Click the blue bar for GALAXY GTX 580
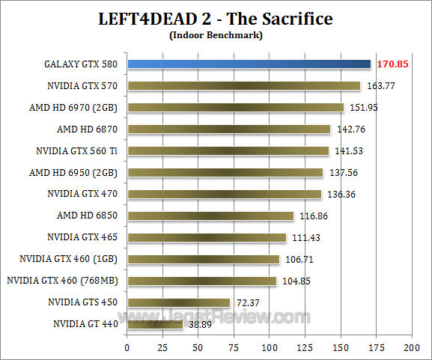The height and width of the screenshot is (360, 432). click(249, 64)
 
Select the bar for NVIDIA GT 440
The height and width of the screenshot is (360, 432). click(155, 324)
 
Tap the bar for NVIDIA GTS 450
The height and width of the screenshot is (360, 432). click(178, 302)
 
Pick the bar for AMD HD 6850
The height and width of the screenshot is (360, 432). click(210, 216)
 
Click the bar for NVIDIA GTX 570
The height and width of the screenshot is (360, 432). click(243, 85)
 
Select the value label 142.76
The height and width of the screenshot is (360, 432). click(350, 129)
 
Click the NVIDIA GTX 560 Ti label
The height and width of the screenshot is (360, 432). click(79, 150)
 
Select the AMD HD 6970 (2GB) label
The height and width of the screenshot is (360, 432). click(75, 107)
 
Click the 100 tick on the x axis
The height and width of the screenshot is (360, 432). click(269, 348)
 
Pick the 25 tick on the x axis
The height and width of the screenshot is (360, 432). click(162, 348)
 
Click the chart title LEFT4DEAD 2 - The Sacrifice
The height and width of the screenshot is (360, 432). click(216, 18)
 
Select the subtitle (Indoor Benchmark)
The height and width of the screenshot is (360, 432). click(216, 34)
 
